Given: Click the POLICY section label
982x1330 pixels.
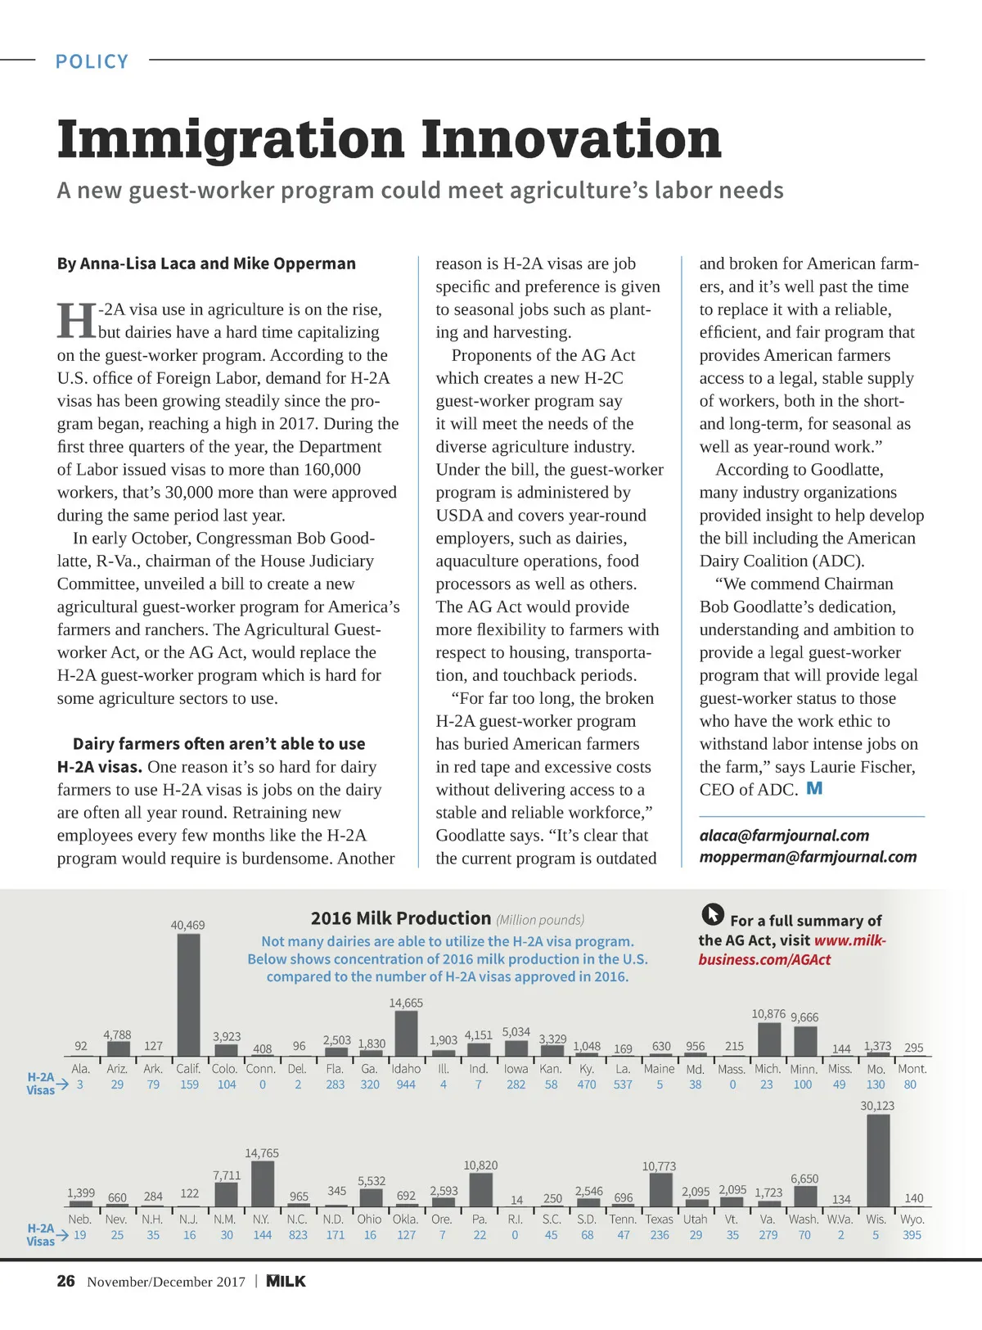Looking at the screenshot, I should point(92,61).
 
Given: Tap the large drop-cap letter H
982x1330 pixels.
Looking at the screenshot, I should point(76,320).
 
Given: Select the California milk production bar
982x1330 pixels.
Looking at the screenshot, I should point(188,994).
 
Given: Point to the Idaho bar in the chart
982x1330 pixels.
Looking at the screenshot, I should point(406,1033).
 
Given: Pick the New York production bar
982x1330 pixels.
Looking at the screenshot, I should point(262,1183).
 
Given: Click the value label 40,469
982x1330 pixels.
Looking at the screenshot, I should point(187,925).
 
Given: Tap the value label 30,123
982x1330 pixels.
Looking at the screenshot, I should point(877,1106).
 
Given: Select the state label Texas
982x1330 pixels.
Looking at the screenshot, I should point(659,1219).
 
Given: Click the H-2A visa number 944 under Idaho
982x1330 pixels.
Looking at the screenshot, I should point(406,1084).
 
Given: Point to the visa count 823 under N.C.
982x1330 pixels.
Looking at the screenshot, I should point(298,1235).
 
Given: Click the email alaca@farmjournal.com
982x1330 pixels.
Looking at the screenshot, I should point(784,835).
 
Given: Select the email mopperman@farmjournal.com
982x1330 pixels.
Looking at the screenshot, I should point(808,857).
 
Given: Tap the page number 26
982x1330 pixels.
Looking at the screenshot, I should point(66,1281).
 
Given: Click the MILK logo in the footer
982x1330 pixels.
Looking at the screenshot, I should point(286,1281).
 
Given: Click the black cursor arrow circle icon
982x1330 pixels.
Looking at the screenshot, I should point(713,914).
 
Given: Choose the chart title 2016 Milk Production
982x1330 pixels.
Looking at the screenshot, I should point(400,918).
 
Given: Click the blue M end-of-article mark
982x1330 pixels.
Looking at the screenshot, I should point(814,788).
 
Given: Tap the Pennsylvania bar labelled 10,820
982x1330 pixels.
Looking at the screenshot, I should point(480,1189).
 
